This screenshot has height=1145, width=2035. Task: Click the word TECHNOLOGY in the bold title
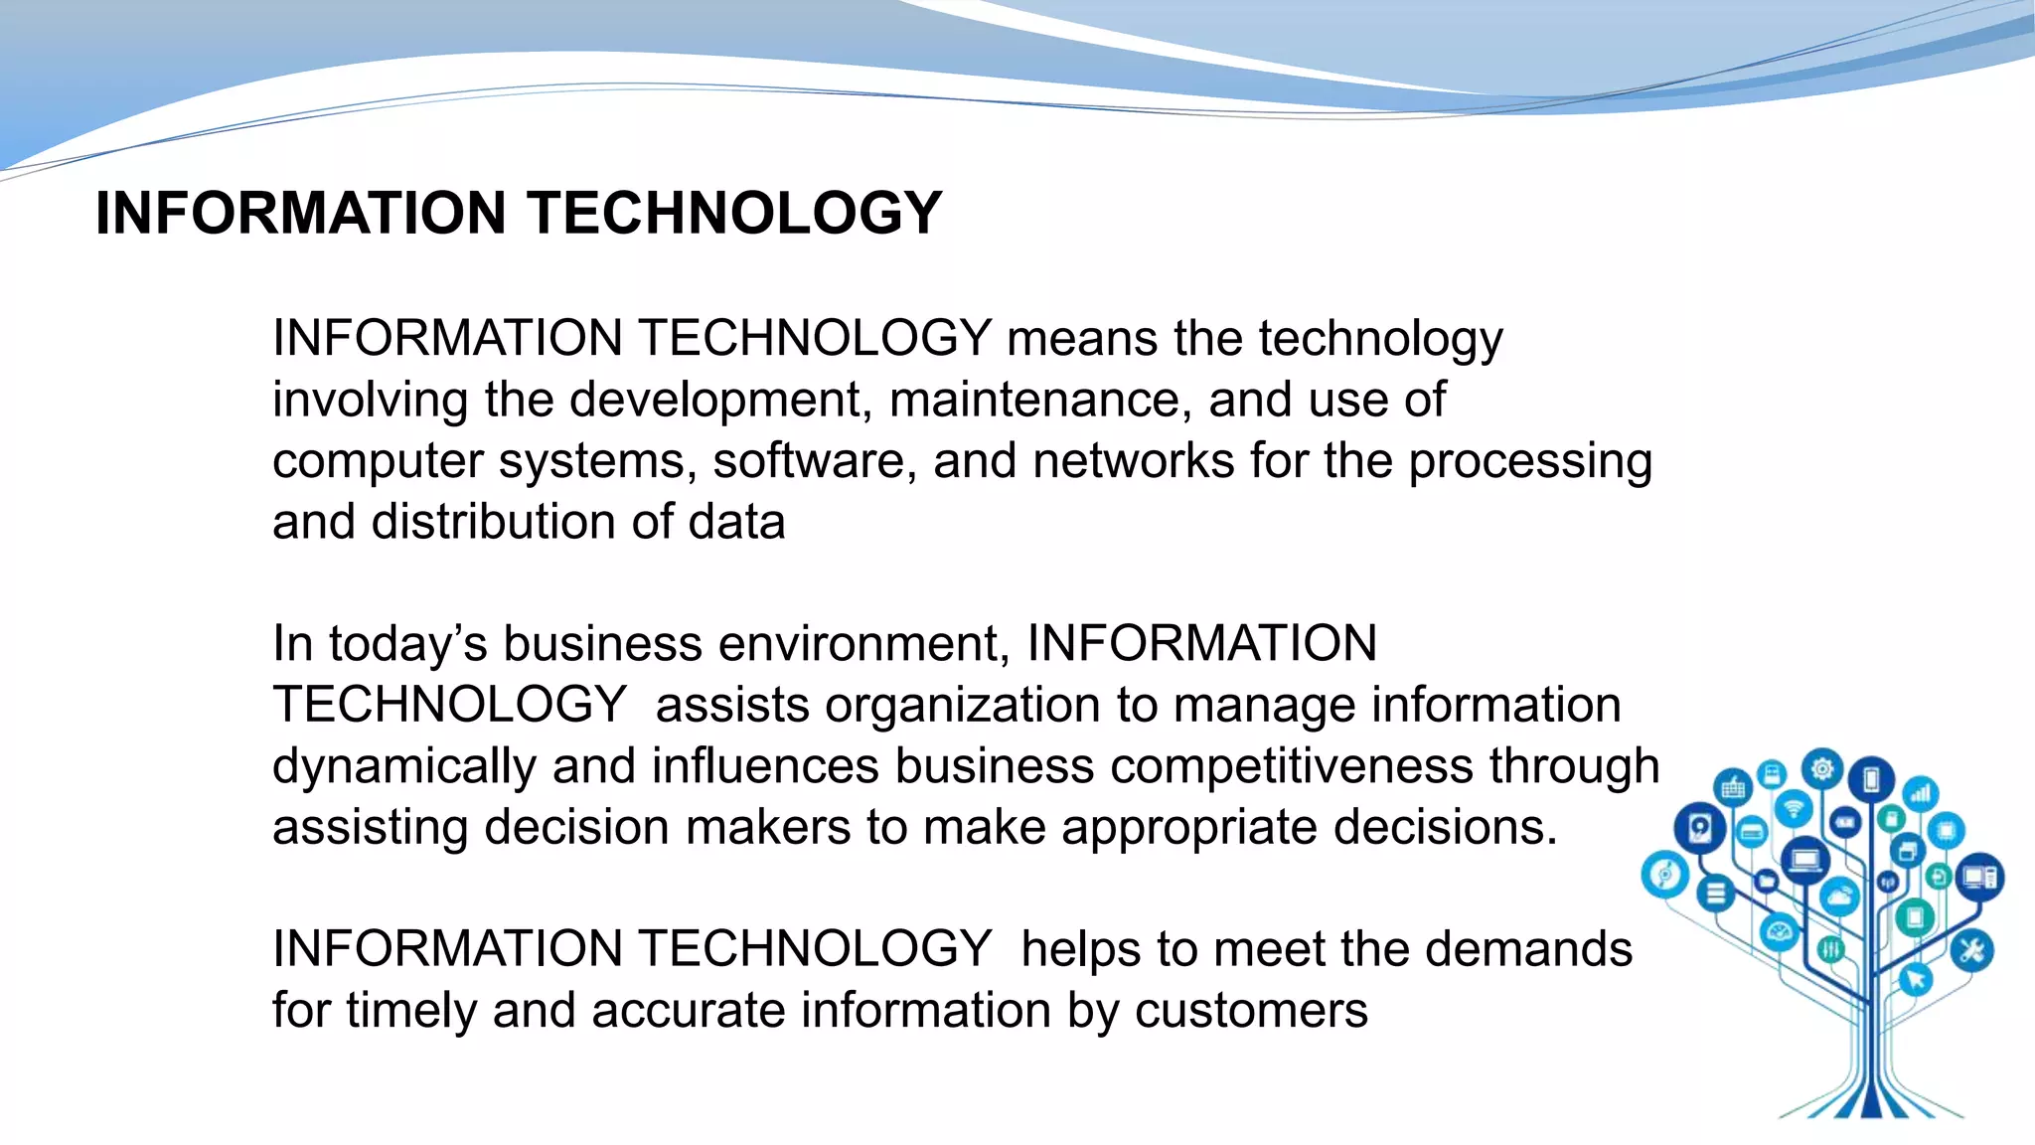[733, 213]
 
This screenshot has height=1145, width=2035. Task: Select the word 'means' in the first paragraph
[1082, 339]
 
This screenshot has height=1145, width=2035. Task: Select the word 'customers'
[1251, 1011]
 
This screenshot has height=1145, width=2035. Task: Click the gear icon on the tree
[1822, 769]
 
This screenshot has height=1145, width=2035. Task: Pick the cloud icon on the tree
[1839, 898]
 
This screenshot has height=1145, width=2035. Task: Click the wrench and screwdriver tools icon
[1971, 951]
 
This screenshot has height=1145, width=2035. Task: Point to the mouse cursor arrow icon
[1916, 980]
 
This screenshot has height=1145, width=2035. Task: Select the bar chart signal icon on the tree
[1921, 793]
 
